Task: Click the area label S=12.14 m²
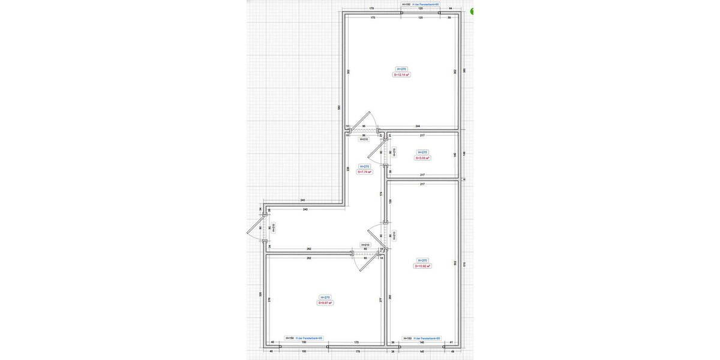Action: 401,76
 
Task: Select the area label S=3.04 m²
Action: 423,158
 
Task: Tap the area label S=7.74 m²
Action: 364,172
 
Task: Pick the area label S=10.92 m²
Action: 422,266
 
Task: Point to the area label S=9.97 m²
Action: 325,303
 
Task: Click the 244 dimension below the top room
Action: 418,126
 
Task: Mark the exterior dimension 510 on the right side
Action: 464,263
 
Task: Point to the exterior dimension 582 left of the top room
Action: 338,107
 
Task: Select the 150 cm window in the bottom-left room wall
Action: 304,346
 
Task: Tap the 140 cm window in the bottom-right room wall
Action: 421,346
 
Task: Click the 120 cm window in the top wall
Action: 420,12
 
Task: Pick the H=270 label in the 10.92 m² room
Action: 422,260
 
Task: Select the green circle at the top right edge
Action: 473,11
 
